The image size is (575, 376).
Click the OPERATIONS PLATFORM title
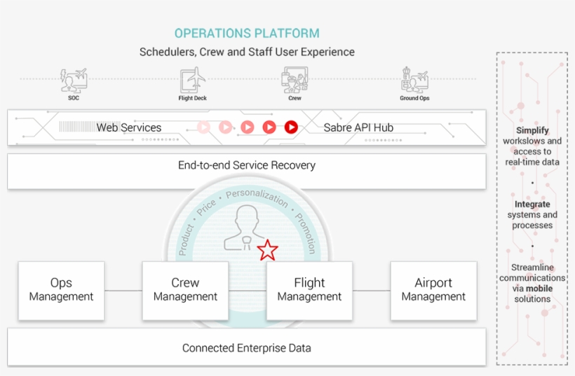pyautogui.click(x=247, y=33)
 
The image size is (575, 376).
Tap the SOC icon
pyautogui.click(x=74, y=80)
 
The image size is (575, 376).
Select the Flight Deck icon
pyautogui.click(x=192, y=80)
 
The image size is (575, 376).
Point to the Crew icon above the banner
pyautogui.click(x=295, y=80)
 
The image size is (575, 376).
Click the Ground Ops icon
pyautogui.click(x=414, y=80)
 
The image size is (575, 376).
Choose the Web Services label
pyautogui.click(x=129, y=127)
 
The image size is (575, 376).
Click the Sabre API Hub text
pyautogui.click(x=358, y=127)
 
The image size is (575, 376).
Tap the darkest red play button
pyautogui.click(x=291, y=127)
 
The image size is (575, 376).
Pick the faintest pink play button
pyautogui.click(x=203, y=127)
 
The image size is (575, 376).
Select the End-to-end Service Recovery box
pyautogui.click(x=246, y=171)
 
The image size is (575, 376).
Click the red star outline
pyautogui.click(x=267, y=250)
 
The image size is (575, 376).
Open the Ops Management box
pyautogui.click(x=61, y=291)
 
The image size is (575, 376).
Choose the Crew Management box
pyautogui.click(x=185, y=291)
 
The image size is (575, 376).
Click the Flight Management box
pyautogui.click(x=309, y=291)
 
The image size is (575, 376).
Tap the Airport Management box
pyautogui.click(x=433, y=291)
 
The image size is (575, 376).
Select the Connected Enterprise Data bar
pyautogui.click(x=246, y=347)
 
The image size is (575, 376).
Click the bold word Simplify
pyautogui.click(x=532, y=130)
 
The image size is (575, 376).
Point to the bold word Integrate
pyautogui.click(x=532, y=204)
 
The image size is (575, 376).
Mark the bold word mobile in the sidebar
pyautogui.click(x=539, y=288)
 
